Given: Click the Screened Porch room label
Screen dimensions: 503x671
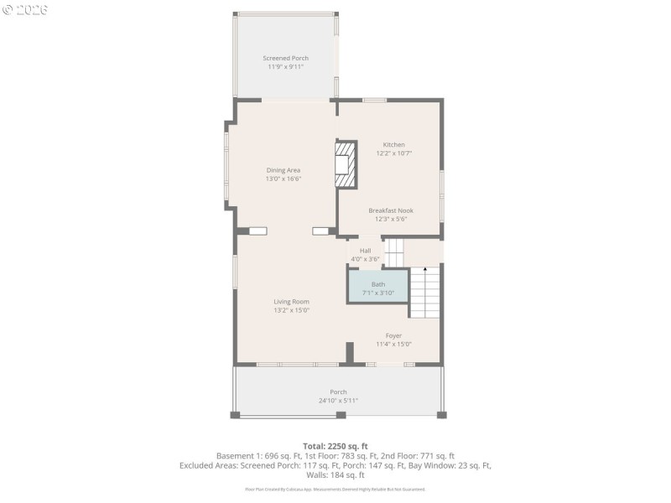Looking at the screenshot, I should pos(285,58).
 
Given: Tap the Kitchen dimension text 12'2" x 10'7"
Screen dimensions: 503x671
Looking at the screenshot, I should pos(393,153).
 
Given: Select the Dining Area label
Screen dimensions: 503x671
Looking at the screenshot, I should pos(283,170).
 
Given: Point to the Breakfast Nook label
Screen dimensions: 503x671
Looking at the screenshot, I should pos(391,210).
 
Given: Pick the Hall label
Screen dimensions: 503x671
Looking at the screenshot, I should pos(366,251).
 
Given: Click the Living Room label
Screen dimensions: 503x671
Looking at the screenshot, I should pos(291,302).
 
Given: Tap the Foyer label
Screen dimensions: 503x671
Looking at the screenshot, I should pos(393,335).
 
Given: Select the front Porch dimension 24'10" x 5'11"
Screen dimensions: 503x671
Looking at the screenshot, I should pos(338,401).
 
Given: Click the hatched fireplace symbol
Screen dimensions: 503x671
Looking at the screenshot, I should pos(344,164).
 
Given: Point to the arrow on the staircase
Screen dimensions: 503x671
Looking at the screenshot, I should pos(425,271).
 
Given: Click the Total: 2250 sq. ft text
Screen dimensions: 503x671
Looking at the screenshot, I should pos(335,445).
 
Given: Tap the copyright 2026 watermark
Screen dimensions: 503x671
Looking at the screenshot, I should pos(25,9).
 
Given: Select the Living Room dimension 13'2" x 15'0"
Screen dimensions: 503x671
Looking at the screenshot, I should pos(291,310).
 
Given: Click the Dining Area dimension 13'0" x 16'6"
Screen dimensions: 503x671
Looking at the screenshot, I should pos(283,179).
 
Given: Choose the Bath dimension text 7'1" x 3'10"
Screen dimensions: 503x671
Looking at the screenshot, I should pos(378,293).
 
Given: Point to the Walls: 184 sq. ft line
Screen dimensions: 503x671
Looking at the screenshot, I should pos(335,474).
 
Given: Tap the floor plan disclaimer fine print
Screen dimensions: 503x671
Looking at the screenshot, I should pos(335,489).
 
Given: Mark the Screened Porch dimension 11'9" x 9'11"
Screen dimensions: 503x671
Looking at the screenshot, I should pos(285,66).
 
